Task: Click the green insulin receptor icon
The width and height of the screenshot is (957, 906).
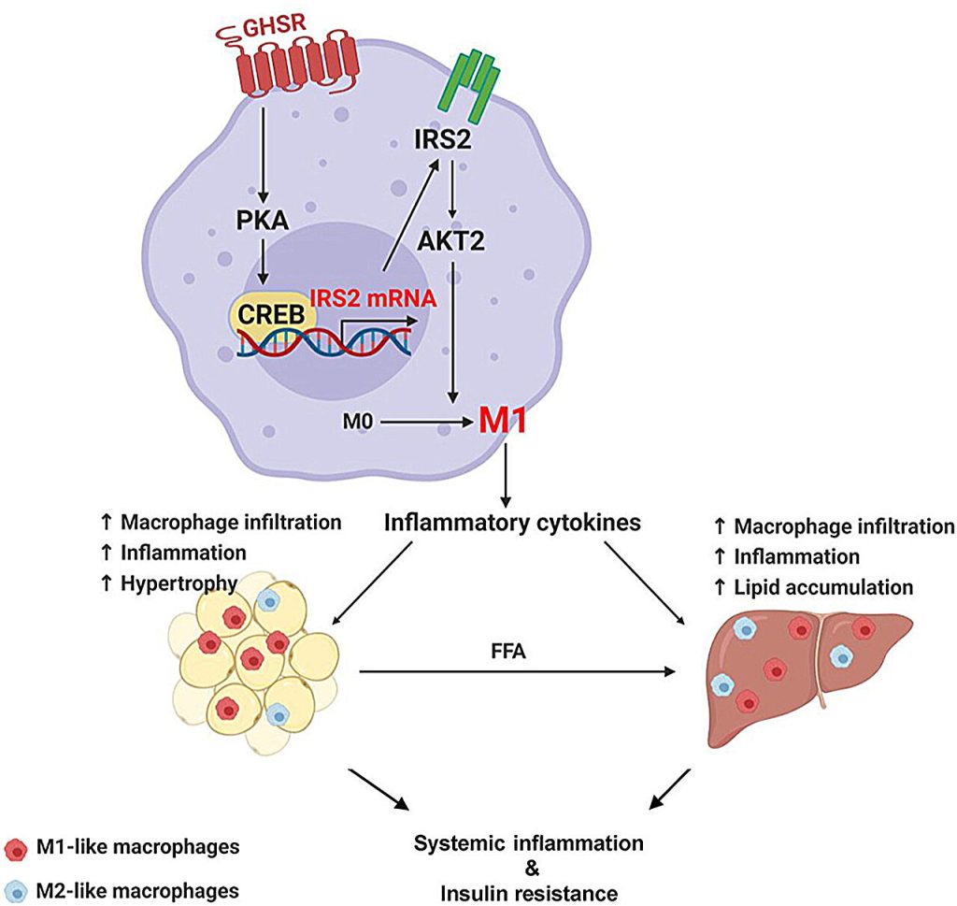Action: [x=470, y=84]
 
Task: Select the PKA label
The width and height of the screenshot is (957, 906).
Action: [x=263, y=221]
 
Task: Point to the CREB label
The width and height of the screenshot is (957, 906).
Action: [x=272, y=314]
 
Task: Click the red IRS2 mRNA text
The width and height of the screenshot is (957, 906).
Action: [x=374, y=298]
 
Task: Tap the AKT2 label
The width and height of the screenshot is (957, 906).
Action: [x=451, y=240]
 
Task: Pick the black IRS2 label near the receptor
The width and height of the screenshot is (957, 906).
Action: [x=443, y=140]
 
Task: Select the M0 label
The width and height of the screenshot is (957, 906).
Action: [x=358, y=422]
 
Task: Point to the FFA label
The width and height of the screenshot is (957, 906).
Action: [x=508, y=652]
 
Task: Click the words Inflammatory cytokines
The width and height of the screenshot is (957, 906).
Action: [x=513, y=523]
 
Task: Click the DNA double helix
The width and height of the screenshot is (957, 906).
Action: [x=323, y=344]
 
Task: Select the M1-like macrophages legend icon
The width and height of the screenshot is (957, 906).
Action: [x=15, y=849]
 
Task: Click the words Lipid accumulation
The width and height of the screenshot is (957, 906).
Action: [x=823, y=587]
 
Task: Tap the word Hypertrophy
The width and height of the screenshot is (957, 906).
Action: [x=179, y=583]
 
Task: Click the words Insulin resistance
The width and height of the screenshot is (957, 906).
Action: [x=529, y=893]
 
